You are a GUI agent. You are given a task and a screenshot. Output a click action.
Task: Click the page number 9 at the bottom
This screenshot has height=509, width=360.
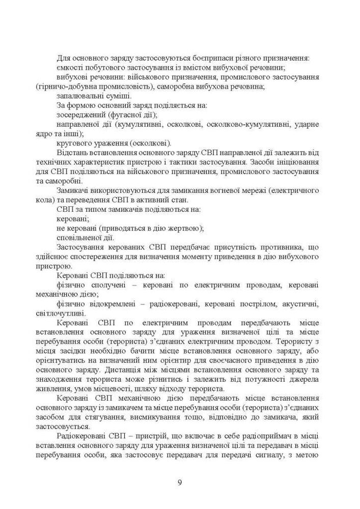pyautogui.click(x=180, y=483)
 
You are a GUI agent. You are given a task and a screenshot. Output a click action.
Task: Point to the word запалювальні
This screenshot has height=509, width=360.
pyautogui.click(x=77, y=96)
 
